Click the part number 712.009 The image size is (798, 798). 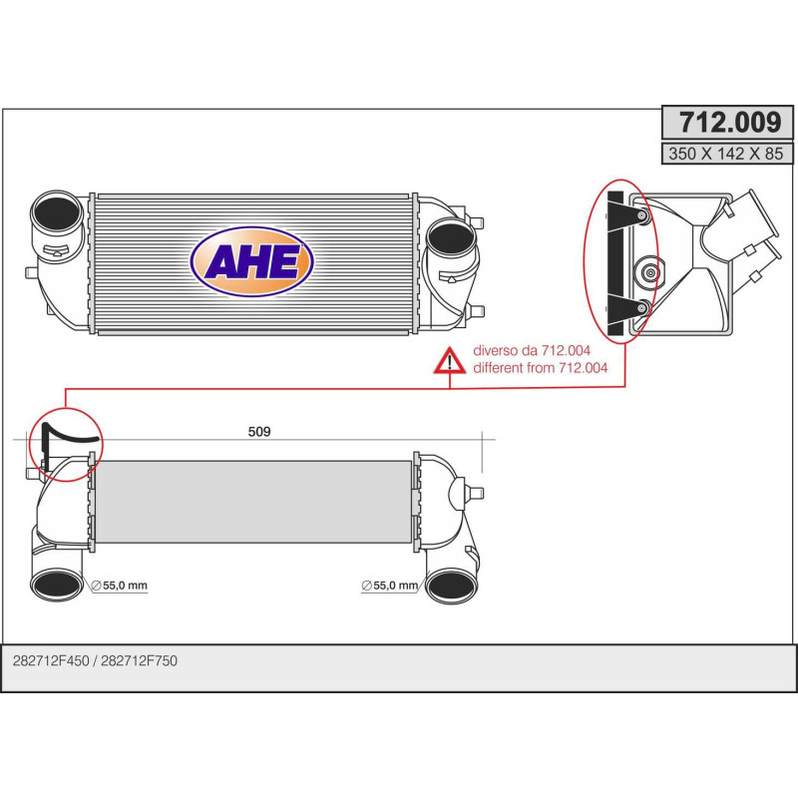(729, 124)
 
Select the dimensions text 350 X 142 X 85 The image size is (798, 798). (729, 154)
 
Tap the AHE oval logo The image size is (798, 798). (251, 261)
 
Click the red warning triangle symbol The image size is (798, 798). (450, 361)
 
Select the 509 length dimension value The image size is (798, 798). (259, 432)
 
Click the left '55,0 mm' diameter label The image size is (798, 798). (124, 587)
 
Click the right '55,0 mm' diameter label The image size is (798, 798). (393, 587)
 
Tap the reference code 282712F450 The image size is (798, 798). (51, 661)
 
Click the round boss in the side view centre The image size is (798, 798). (649, 269)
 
